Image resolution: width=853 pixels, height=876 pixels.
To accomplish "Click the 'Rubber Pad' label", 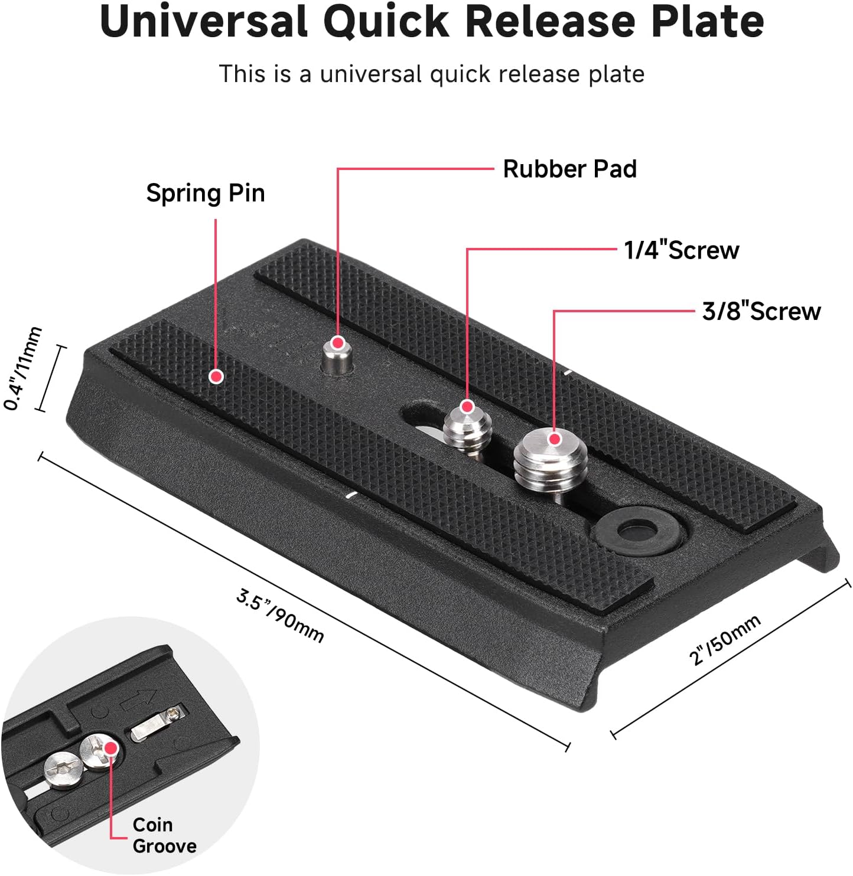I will (x=569, y=169).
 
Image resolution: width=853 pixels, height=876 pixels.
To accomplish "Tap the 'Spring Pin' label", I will (x=206, y=193).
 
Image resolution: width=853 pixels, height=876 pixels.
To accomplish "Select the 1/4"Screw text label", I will (x=681, y=250).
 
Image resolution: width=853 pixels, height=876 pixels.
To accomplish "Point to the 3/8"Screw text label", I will (x=761, y=311).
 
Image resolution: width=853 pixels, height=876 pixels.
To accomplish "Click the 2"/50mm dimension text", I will (x=725, y=640).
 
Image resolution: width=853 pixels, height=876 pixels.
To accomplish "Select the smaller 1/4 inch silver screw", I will (x=467, y=427).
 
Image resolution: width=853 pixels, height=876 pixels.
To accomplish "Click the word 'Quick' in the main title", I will (x=387, y=22).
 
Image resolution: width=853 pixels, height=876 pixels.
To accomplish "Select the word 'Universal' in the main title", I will (x=204, y=22).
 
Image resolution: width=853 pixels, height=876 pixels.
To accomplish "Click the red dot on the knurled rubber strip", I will (x=217, y=376).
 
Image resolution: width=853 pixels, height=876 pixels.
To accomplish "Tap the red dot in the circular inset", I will (x=110, y=748).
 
